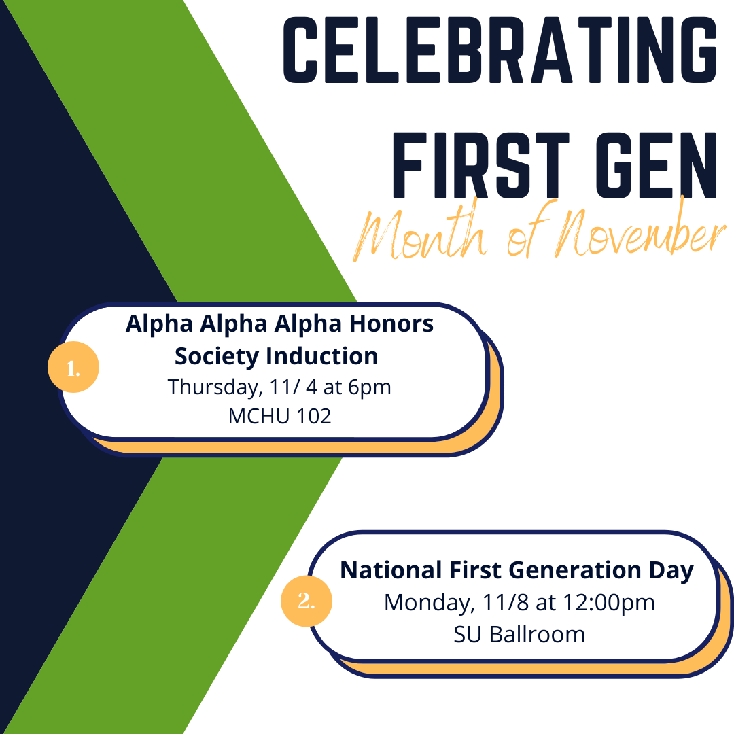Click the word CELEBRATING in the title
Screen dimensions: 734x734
(x=500, y=50)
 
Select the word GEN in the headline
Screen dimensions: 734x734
(x=657, y=165)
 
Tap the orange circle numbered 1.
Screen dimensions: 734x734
(x=73, y=367)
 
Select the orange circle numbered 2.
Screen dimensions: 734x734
(x=307, y=601)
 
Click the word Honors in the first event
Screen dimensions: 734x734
(x=391, y=324)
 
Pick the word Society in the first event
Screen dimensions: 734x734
(x=217, y=357)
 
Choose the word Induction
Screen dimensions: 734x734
(x=323, y=356)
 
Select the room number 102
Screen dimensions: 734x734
(x=313, y=416)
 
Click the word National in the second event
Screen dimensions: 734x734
(x=391, y=570)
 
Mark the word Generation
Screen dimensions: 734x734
(x=575, y=570)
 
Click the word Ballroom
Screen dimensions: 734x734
(x=538, y=635)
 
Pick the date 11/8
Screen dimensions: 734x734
(x=506, y=602)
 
